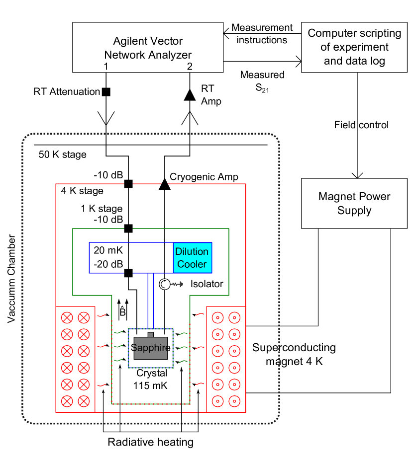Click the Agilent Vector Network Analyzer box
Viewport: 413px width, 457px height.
(148, 47)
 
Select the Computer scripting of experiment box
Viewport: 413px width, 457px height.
(354, 47)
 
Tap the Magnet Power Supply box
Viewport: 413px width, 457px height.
(354, 203)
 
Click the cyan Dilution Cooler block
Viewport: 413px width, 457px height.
(192, 258)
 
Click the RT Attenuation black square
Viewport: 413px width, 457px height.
(106, 91)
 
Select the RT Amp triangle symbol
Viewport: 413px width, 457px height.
(190, 94)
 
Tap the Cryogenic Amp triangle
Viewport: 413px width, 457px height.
(164, 184)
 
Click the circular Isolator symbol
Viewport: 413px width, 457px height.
(165, 284)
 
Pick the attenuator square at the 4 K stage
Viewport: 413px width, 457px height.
(128, 184)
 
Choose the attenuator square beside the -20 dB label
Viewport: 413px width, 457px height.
(128, 272)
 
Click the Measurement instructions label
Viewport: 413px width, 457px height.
(262, 33)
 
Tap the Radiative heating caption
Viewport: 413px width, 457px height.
(150, 442)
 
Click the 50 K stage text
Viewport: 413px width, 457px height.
(62, 154)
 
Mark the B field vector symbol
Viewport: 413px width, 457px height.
(122, 312)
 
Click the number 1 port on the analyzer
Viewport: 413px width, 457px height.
(105, 66)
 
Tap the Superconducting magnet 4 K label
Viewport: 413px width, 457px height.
(294, 354)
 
